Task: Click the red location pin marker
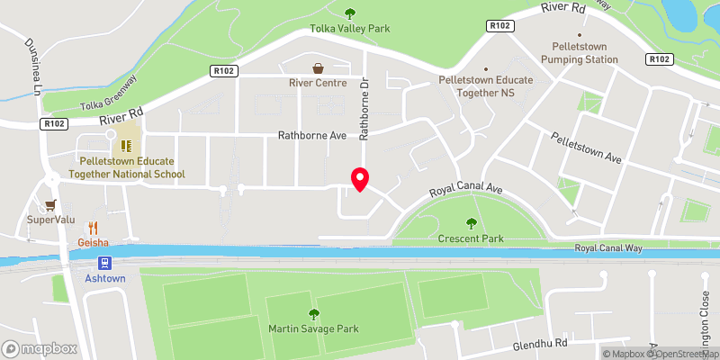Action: click(359, 179)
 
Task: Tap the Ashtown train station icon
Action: click(106, 263)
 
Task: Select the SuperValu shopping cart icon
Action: click(51, 203)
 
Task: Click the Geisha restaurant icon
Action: click(93, 228)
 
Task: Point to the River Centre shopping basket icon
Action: click(318, 67)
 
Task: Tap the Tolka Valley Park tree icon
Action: click(350, 13)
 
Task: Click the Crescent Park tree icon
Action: click(470, 223)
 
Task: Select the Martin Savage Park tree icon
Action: click(314, 313)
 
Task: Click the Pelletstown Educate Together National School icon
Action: click(127, 143)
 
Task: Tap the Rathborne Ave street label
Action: click(311, 136)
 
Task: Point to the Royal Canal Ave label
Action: click(465, 191)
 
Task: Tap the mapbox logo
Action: click(39, 348)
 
